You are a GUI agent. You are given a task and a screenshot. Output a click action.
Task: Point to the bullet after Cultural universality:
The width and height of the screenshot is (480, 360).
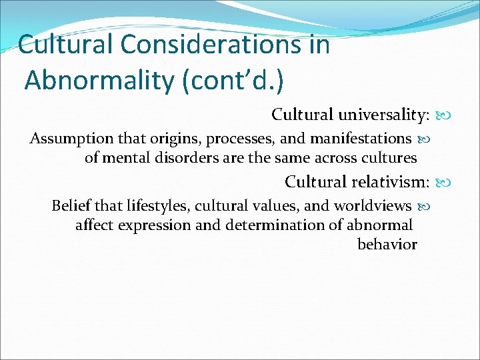coord(441,115)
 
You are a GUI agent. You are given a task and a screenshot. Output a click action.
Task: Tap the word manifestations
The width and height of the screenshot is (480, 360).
coord(361,139)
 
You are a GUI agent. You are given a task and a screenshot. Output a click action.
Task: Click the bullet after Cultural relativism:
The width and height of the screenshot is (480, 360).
coord(441,182)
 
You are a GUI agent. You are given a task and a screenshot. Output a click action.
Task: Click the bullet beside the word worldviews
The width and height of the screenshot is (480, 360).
coord(423,205)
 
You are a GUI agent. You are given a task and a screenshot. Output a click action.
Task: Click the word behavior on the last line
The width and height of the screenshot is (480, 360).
coord(387,244)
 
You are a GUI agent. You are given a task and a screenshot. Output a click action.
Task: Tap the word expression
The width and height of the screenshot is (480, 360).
coord(155,225)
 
